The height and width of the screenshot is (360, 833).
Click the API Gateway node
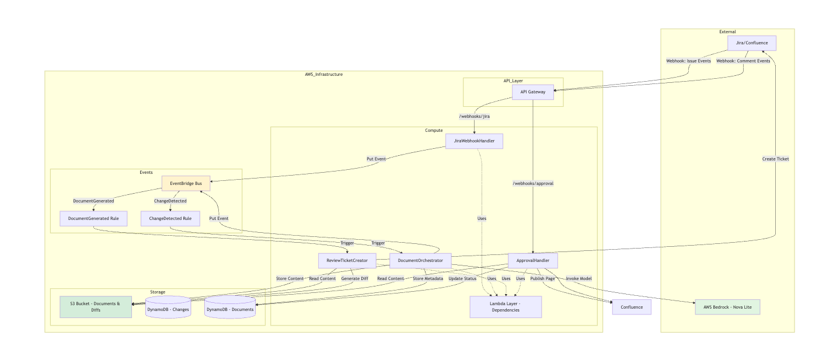click(532, 92)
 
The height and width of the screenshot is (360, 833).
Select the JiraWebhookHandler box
click(474, 141)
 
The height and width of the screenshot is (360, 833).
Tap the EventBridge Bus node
click(186, 184)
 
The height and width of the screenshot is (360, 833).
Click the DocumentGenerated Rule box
click(93, 219)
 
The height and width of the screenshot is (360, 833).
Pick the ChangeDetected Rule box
click(170, 219)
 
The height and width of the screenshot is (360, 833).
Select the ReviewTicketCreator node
click(347, 260)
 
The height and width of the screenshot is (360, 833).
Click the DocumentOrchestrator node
click(420, 260)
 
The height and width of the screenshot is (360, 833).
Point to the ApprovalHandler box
click(533, 260)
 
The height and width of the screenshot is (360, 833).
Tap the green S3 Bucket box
click(96, 307)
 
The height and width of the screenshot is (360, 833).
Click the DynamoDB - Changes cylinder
click(168, 308)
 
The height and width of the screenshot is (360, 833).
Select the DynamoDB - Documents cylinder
click(230, 308)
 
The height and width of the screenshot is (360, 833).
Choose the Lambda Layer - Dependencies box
click(506, 307)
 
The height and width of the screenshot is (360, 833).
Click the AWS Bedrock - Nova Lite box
click(727, 307)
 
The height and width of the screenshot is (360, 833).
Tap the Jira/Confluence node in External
click(751, 43)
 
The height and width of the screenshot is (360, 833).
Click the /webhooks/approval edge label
click(533, 183)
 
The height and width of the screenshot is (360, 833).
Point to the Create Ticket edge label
click(775, 159)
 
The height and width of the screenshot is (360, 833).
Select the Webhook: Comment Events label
click(743, 61)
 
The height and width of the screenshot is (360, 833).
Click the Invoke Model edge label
click(578, 278)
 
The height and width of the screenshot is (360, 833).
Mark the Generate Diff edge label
click(354, 278)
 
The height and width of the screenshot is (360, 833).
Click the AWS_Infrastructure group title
click(323, 75)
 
